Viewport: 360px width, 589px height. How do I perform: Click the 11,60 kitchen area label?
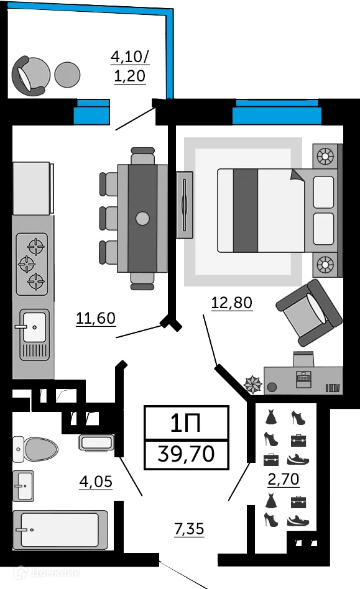tap(96, 319)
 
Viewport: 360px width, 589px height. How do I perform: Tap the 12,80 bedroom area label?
tap(232, 303)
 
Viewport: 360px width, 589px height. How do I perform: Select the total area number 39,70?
tap(187, 454)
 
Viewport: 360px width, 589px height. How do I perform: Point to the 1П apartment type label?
tap(187, 424)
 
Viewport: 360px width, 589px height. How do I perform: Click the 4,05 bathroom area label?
tap(96, 481)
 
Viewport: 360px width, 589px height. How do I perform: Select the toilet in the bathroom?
tap(35, 447)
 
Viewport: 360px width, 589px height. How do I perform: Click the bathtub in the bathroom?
tap(60, 530)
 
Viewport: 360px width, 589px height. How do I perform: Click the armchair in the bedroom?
tap(309, 311)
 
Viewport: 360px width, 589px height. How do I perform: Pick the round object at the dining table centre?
tap(143, 218)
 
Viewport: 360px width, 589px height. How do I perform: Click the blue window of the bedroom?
tap(277, 112)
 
